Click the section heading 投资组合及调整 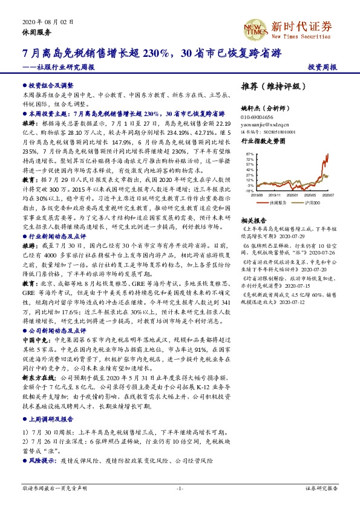[51, 86]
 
